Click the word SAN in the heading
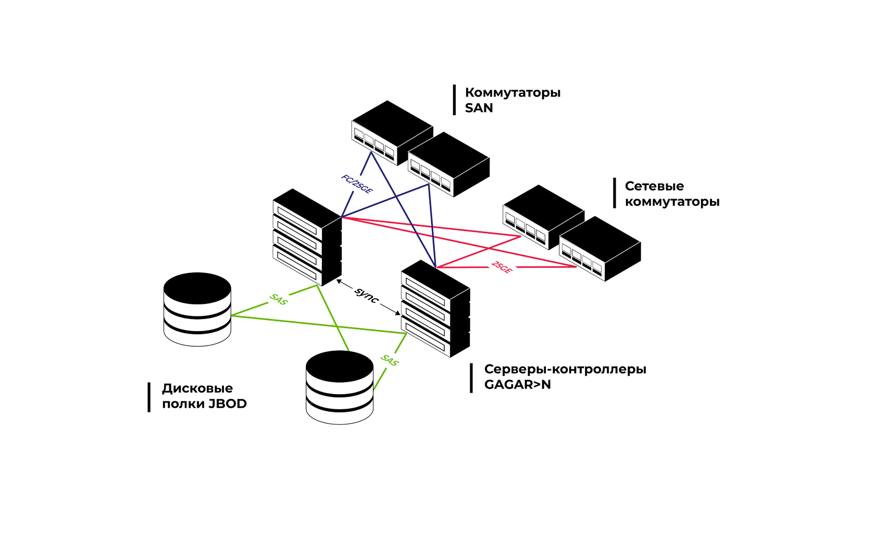(479, 108)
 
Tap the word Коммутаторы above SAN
(512, 93)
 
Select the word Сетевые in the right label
(654, 186)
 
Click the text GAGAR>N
(517, 385)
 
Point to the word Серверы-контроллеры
(565, 369)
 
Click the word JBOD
(228, 404)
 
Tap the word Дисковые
(197, 388)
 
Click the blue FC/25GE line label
(357, 184)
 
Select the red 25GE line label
(502, 267)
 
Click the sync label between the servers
(367, 296)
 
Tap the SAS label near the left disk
(279, 299)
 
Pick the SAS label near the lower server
(390, 360)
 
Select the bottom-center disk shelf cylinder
(340, 387)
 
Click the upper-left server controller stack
(307, 237)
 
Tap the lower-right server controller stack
(435, 309)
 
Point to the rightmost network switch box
(600, 248)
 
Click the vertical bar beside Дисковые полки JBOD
(149, 397)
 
